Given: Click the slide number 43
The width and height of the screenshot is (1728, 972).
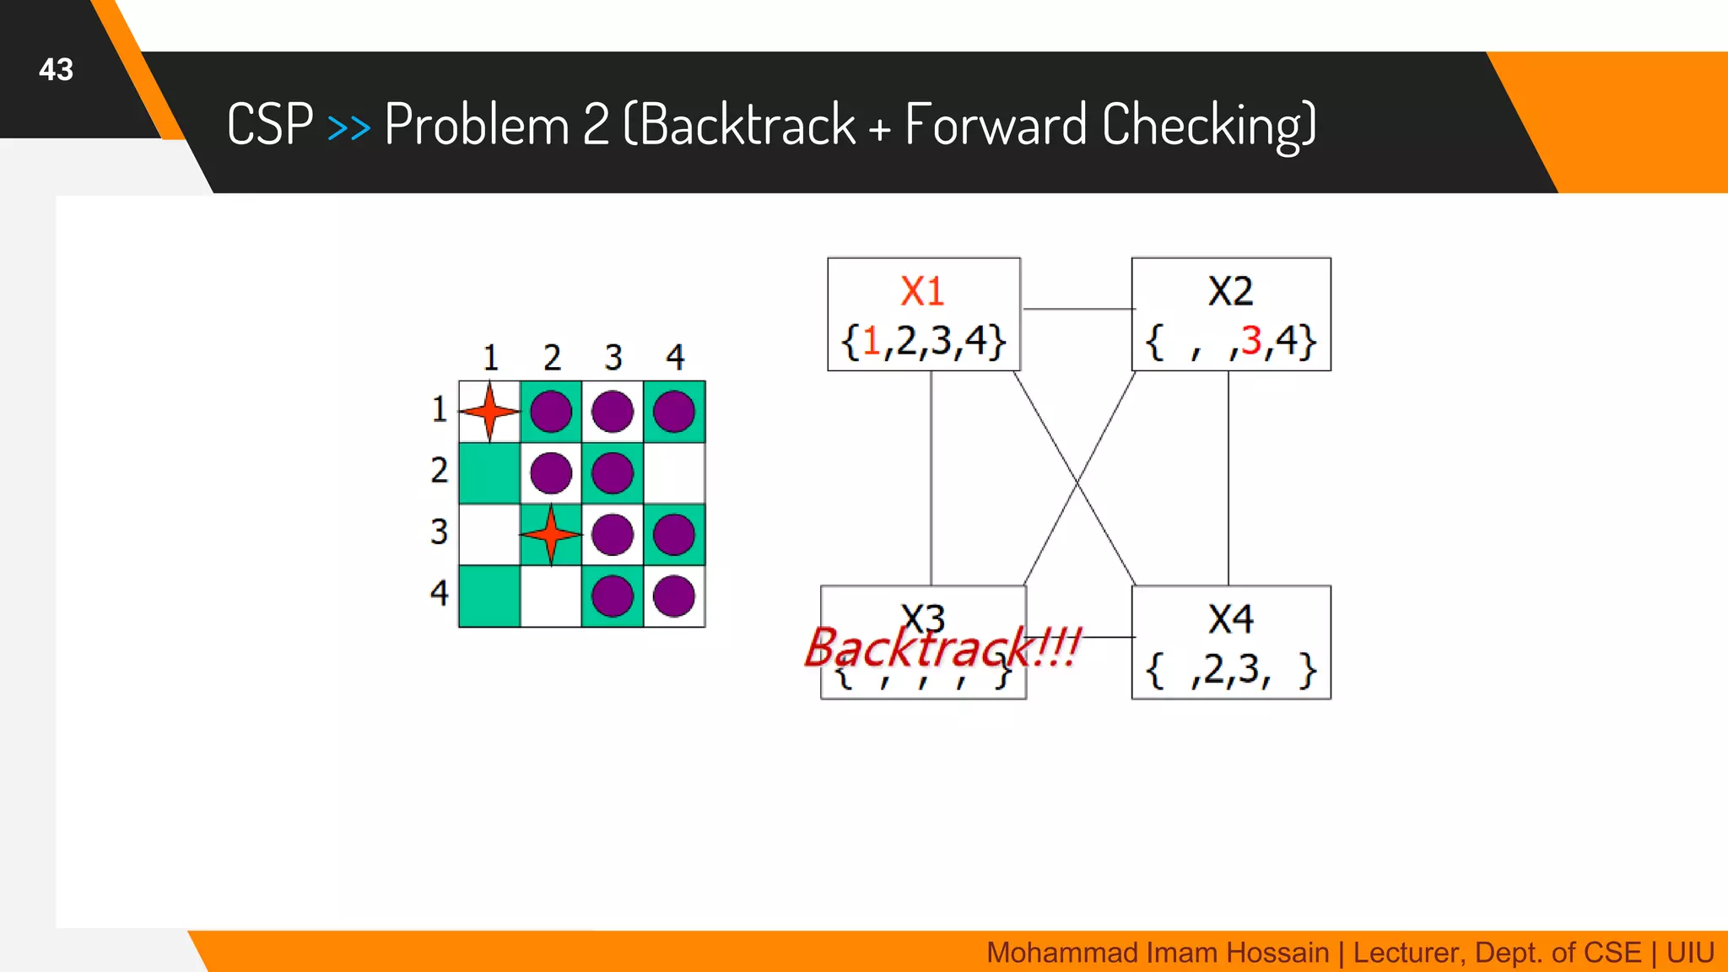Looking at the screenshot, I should click(56, 69).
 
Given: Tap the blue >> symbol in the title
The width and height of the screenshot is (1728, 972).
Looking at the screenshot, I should click(348, 127).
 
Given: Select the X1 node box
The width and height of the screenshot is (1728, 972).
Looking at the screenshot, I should click(924, 314).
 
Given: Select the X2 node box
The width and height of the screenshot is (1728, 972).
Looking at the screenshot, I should click(1231, 314).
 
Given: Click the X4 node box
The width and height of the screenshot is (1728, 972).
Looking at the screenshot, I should click(1231, 642).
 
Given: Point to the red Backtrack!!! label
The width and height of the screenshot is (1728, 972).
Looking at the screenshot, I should click(942, 648).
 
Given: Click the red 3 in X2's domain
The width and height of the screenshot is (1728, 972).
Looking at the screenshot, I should click(1250, 341).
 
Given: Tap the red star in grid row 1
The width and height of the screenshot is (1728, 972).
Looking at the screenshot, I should click(489, 412).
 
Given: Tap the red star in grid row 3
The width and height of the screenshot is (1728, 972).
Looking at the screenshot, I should click(551, 534).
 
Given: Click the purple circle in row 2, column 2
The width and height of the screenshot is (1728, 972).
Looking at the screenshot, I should click(551, 472).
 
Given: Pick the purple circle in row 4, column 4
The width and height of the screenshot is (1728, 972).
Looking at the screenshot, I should click(674, 596).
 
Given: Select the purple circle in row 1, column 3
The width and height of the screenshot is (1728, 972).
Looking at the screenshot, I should click(613, 412).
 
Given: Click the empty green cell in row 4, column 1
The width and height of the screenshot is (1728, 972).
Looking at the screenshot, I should click(489, 596).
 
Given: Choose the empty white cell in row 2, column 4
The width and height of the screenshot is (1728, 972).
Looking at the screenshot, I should click(674, 472).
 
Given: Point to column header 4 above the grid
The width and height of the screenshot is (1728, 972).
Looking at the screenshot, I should click(675, 357).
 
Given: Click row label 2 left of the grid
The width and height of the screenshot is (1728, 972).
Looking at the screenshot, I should click(439, 470).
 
